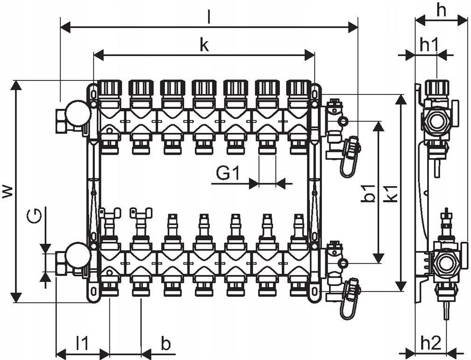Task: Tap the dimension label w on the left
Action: tap(8, 191)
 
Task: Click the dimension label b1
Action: tap(370, 193)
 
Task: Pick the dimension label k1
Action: tap(392, 193)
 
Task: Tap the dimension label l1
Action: tap(82, 343)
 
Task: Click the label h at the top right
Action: tap(441, 10)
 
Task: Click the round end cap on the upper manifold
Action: tap(78, 113)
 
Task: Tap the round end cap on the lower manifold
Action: tap(78, 255)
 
